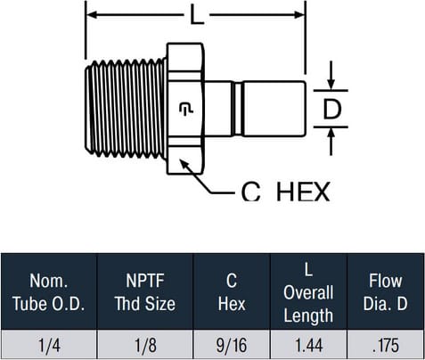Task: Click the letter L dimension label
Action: [197, 15]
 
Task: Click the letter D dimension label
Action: [332, 109]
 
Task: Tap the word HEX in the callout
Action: [303, 192]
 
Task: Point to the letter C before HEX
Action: [251, 192]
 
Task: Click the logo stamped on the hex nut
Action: [186, 109]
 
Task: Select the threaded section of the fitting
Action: [125, 109]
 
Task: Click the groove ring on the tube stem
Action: [238, 109]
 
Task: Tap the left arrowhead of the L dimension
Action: [91, 14]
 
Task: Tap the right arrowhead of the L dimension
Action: [299, 14]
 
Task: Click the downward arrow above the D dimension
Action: [331, 75]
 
